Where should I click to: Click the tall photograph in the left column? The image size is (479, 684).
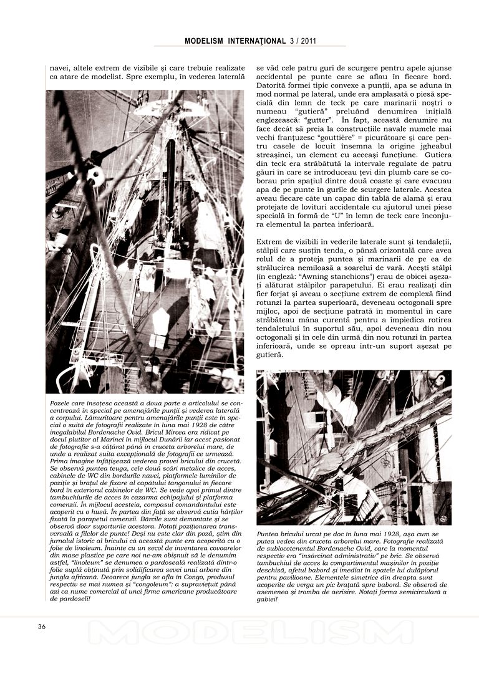pyautogui.click(x=145, y=241)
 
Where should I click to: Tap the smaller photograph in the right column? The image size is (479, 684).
pyautogui.click(x=354, y=447)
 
